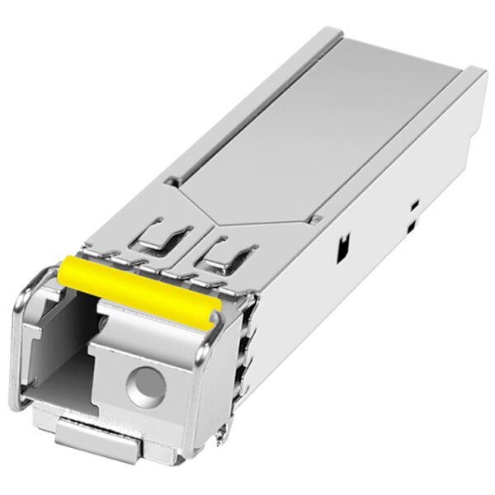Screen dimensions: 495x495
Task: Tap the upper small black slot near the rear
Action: coord(415,204)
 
